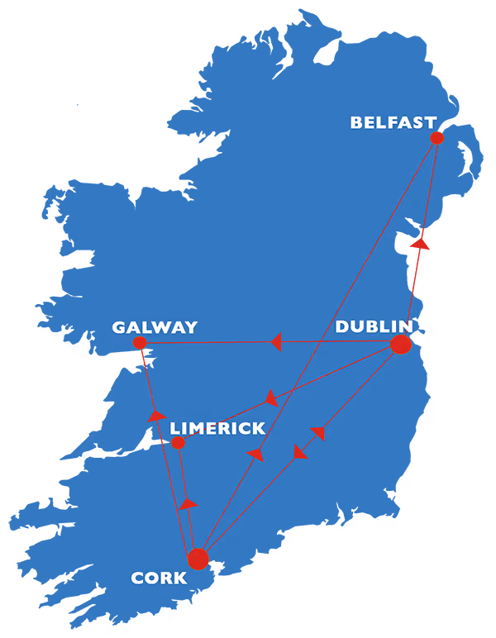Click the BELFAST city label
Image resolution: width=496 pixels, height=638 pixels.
[393, 123]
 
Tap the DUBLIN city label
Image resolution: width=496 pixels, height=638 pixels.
[374, 326]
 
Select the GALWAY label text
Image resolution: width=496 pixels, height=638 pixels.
[155, 328]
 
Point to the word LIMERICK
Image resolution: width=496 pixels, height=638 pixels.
[217, 429]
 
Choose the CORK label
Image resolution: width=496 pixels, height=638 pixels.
[159, 578]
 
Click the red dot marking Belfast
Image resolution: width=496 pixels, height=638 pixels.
[436, 138]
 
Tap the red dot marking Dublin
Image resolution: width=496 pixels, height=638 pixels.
[400, 344]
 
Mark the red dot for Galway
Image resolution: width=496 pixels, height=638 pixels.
[140, 342]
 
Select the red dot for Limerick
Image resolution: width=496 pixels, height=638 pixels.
[178, 442]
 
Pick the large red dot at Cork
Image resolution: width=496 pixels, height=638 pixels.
[198, 559]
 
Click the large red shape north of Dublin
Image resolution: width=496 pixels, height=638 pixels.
[445, 264]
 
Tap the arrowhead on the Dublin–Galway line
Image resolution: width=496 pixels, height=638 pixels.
[276, 341]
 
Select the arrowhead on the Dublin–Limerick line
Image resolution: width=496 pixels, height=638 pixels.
[270, 399]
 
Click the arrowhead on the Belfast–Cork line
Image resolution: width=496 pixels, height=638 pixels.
[256, 454]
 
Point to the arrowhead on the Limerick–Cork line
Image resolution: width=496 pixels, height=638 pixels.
[188, 503]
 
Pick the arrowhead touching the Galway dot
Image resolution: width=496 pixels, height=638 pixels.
[143, 357]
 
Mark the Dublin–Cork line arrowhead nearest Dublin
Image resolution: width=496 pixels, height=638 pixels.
[318, 432]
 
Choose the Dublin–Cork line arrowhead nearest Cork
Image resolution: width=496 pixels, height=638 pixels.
[299, 452]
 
